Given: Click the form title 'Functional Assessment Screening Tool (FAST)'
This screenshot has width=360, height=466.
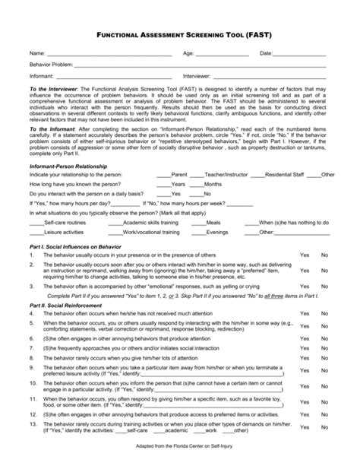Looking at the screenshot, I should (x=180, y=35).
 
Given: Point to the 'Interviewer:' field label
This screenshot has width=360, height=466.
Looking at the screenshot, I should (x=197, y=77).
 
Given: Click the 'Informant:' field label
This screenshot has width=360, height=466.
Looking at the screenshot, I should (x=41, y=77).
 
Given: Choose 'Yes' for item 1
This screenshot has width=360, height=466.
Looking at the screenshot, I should (x=304, y=256).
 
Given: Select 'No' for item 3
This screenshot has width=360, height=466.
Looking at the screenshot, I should (x=324, y=287).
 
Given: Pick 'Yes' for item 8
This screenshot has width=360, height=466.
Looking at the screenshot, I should (x=304, y=359).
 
